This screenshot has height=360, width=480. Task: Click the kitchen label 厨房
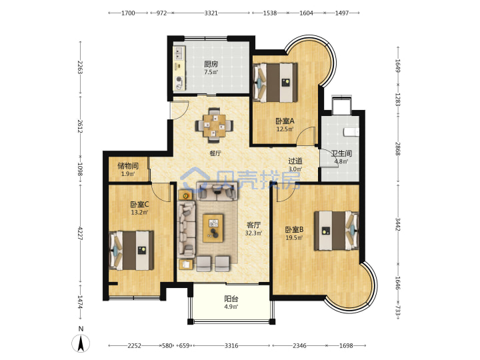tap(211, 64)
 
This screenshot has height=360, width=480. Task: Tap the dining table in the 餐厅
tap(214, 125)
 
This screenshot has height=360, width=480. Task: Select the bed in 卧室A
tap(275, 83)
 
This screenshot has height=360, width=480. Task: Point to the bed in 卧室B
tap(337, 231)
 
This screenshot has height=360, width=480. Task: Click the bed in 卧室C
tap(131, 251)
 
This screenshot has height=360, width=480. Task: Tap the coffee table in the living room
tap(213, 228)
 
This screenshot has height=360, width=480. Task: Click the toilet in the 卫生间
tap(351, 132)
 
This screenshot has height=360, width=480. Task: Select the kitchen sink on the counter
tap(179, 53)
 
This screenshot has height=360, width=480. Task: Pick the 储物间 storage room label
tap(128, 166)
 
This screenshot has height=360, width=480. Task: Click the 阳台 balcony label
tap(231, 299)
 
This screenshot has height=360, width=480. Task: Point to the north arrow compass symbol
tap(81, 343)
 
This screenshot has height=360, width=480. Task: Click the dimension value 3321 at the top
tap(211, 13)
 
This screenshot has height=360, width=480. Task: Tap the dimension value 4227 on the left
tap(81, 233)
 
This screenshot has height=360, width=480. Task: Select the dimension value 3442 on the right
tap(397, 225)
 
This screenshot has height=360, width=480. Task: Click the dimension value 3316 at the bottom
tap(231, 345)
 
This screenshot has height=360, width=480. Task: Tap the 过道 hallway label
tap(295, 161)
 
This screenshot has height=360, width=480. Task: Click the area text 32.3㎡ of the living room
tap(253, 233)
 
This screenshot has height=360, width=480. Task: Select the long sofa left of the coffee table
tap(187, 229)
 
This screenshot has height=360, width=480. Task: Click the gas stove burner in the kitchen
tap(179, 81)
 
